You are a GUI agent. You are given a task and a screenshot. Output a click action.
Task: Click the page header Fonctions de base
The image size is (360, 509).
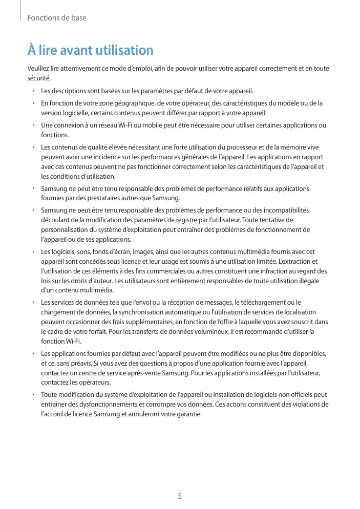(x=56, y=18)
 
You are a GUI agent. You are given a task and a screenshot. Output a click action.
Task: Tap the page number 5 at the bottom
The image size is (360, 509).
(x=180, y=496)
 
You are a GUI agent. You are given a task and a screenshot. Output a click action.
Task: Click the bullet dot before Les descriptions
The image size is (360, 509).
(x=32, y=91)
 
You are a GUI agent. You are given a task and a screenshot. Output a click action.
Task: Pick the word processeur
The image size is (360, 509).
(x=239, y=147)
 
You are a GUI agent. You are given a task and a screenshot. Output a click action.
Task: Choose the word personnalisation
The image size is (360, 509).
(x=66, y=230)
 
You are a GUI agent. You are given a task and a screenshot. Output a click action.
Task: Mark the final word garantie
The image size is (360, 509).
(x=188, y=415)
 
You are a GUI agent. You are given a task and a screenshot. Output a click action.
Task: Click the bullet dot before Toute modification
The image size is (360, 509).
(x=32, y=395)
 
